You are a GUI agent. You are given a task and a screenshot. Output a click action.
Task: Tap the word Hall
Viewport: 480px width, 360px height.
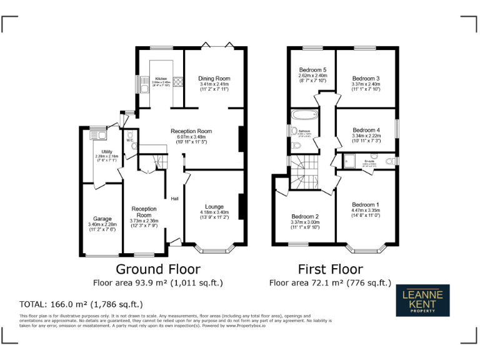[x=175, y=199]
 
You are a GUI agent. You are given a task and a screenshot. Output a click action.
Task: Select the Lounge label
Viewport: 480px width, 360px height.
[x=214, y=206]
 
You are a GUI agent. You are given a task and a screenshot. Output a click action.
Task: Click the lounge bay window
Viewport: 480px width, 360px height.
[x=214, y=249]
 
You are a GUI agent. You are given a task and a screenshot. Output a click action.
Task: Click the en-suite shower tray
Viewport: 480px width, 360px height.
[x=347, y=162]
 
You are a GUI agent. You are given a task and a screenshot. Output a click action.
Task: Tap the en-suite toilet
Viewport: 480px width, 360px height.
[x=390, y=162]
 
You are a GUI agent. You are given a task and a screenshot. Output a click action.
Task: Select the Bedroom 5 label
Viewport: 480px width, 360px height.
[x=312, y=69]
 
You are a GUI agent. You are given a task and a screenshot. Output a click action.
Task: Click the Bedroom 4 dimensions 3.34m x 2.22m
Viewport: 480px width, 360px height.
[x=366, y=136]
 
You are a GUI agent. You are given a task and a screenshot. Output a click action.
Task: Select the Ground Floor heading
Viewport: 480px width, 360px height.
[x=158, y=269]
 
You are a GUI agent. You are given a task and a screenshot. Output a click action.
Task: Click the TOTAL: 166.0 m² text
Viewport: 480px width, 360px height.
[x=81, y=304]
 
